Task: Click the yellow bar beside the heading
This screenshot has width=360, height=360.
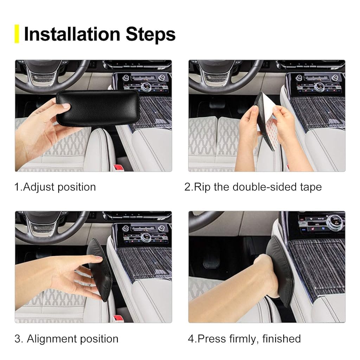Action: tap(17, 34)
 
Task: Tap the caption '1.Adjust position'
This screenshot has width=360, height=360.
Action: tap(55, 187)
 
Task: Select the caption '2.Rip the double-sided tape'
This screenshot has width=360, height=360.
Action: tap(253, 187)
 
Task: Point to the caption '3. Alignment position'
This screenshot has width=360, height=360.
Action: tap(66, 339)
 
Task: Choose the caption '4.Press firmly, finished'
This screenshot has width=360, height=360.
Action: tap(244, 339)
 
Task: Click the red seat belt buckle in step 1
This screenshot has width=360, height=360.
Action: tap(119, 167)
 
